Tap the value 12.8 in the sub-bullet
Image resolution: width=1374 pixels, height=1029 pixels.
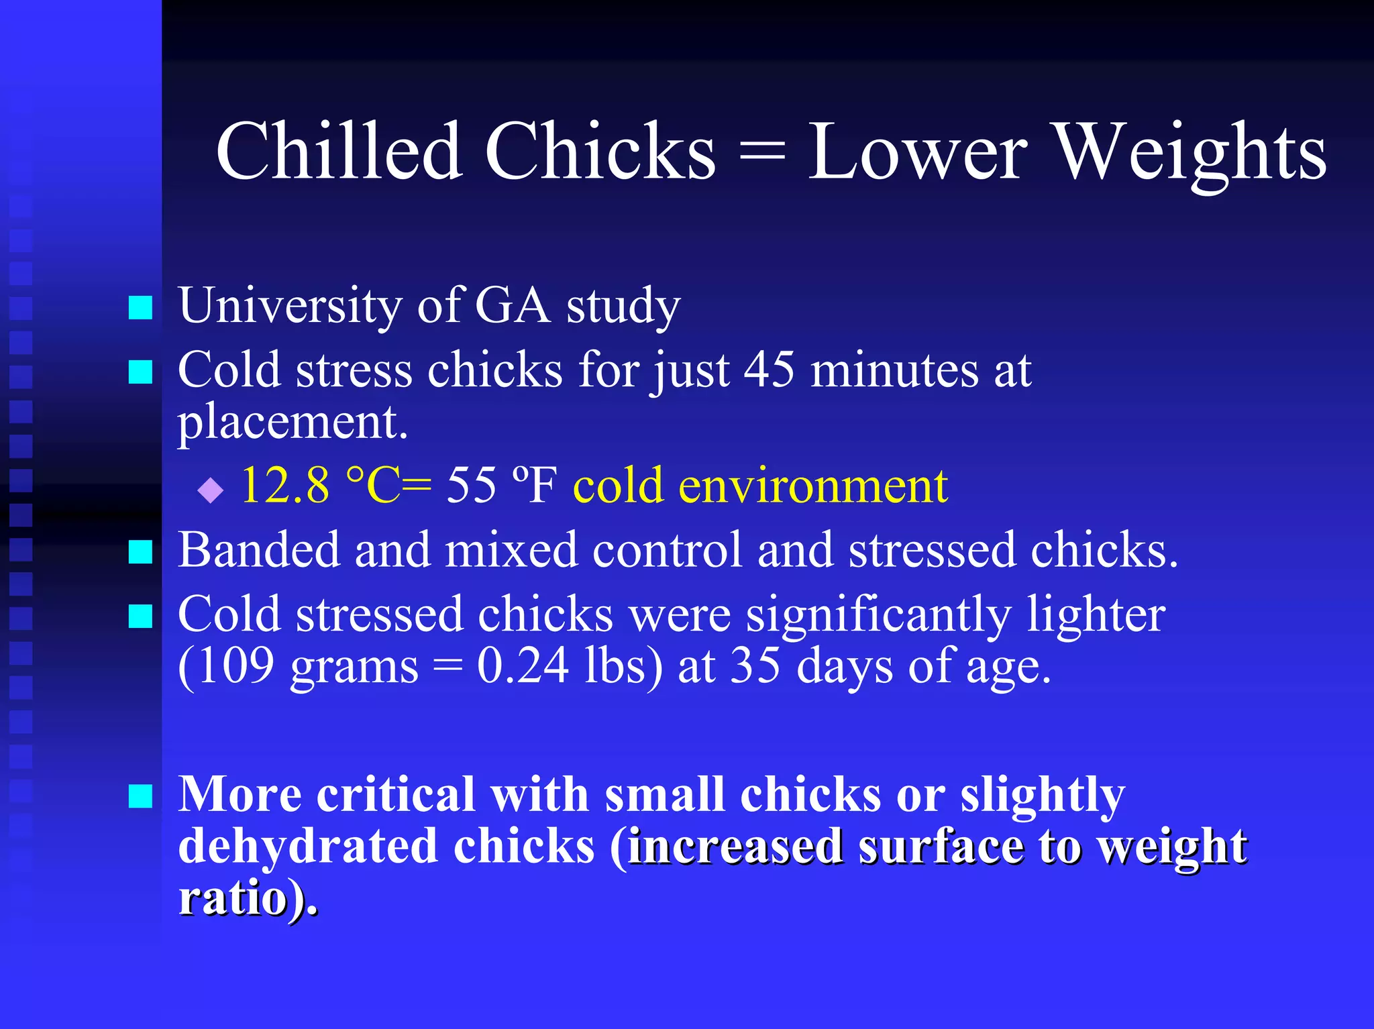tap(285, 484)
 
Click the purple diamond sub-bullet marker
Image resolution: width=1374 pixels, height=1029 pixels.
tap(211, 490)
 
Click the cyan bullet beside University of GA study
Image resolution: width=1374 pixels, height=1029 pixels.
tap(140, 309)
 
